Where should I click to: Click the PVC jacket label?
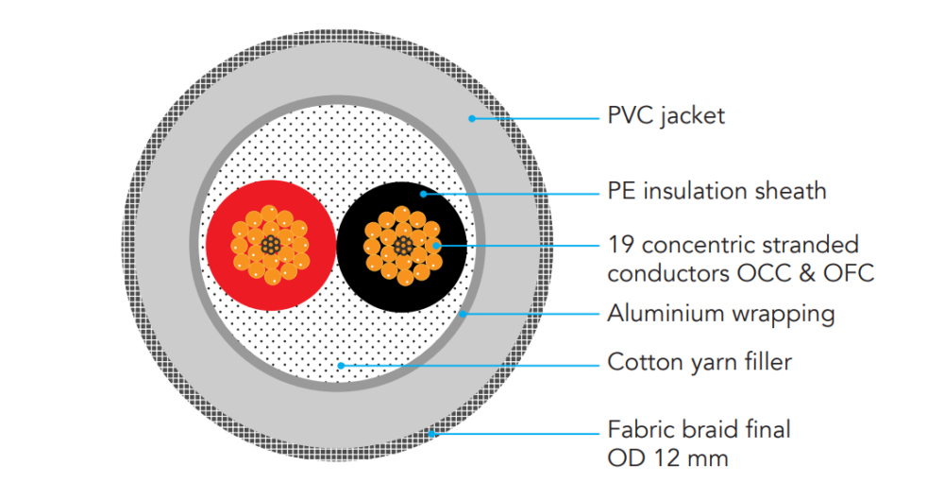coord(666,116)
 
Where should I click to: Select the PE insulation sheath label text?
coord(716,191)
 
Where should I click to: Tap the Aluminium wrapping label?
coord(720,313)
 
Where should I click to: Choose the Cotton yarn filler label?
coord(699,362)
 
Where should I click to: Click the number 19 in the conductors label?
coord(620,245)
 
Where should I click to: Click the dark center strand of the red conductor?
coord(271,246)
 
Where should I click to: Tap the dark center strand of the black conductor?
coord(403,246)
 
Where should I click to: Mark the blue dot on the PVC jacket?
coord(470,118)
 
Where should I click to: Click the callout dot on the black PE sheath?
coord(424,194)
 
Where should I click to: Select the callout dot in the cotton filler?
coord(340,364)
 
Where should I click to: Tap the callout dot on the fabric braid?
coord(431,434)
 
